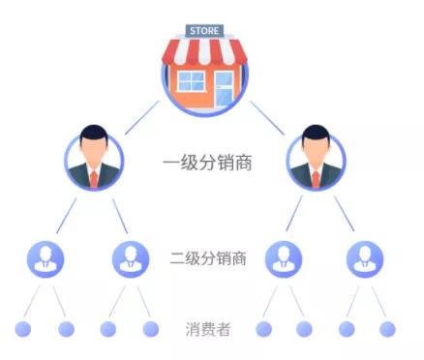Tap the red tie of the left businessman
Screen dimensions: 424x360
(94, 177)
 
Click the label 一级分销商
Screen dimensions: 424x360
(207, 163)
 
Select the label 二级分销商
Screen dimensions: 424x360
(207, 258)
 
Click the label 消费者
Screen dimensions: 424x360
(207, 329)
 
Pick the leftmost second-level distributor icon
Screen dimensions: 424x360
(45, 257)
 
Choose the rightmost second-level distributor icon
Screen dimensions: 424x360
(364, 257)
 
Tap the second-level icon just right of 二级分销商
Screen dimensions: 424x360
(283, 257)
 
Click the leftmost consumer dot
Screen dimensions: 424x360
(23, 329)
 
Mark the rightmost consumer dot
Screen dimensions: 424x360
(387, 329)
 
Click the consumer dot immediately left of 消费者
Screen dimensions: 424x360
(150, 329)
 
